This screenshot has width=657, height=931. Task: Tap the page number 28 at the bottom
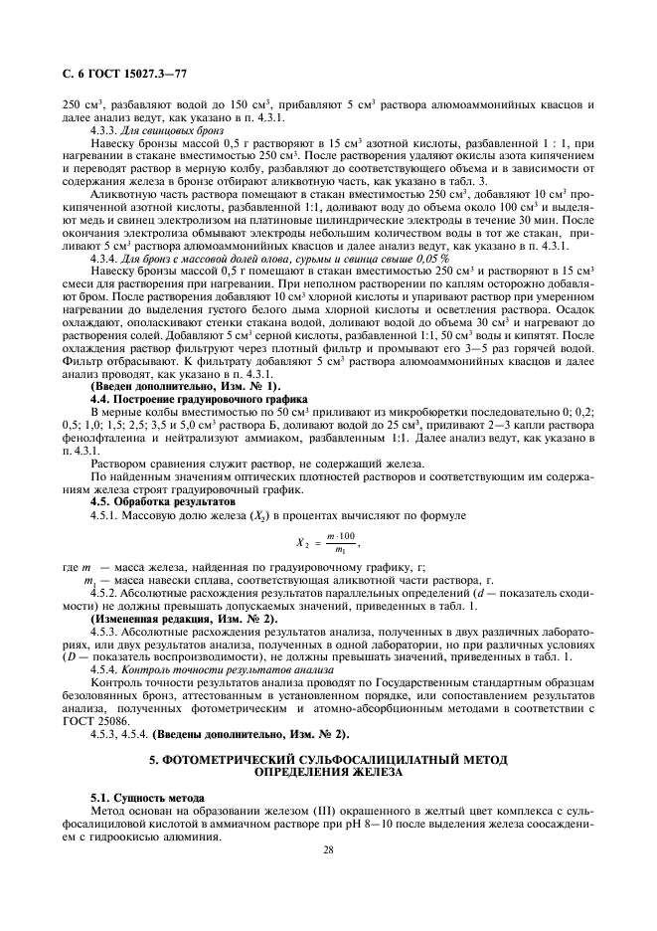tap(327, 851)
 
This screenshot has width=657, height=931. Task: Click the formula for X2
tap(328, 542)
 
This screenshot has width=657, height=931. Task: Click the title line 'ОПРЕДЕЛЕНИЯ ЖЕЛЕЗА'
tap(328, 772)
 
